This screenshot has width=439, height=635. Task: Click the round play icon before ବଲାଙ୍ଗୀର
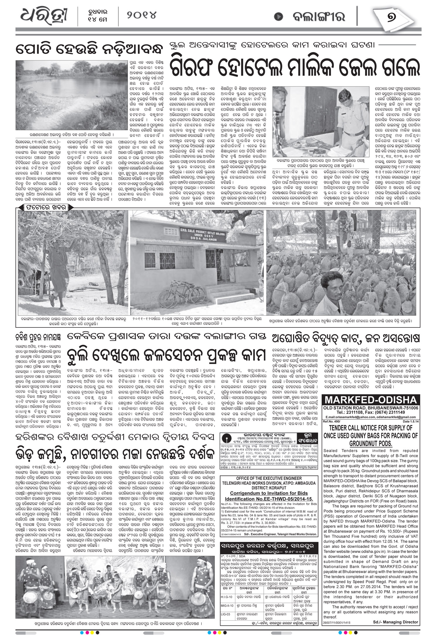coord(278,16)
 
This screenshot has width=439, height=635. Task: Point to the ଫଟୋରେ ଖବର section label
coord(43,207)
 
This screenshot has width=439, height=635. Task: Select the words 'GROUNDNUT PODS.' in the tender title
coord(371,443)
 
